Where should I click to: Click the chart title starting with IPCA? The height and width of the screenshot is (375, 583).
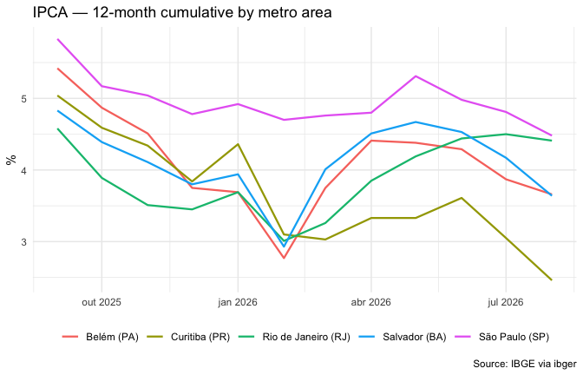click(x=182, y=13)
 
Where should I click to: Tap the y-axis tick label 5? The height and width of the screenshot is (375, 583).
click(x=24, y=99)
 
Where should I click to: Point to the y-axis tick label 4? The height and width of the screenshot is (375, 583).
click(x=24, y=170)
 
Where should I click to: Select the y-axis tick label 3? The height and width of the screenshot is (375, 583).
click(x=24, y=242)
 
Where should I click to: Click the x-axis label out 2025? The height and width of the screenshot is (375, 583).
click(x=102, y=302)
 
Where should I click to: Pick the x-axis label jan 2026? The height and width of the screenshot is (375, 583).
click(x=238, y=302)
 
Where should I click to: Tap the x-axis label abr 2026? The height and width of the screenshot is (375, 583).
click(x=370, y=302)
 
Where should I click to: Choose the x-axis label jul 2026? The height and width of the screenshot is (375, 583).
click(x=505, y=302)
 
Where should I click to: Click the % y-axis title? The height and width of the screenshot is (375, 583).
click(x=11, y=160)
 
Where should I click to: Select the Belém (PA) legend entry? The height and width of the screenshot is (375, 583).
click(x=101, y=337)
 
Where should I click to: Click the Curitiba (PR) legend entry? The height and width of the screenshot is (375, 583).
click(x=188, y=337)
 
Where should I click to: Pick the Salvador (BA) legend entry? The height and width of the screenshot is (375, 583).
click(x=403, y=337)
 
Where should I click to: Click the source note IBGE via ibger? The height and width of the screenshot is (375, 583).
click(x=525, y=364)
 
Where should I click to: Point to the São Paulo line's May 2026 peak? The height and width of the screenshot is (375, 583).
click(x=416, y=76)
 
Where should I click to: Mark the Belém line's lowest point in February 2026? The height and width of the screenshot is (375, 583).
click(x=284, y=258)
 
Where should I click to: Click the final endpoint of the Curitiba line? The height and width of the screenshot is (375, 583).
click(x=552, y=280)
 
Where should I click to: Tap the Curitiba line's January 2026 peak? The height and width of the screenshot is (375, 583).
click(x=238, y=144)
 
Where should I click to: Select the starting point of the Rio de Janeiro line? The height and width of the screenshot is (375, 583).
click(x=57, y=128)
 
